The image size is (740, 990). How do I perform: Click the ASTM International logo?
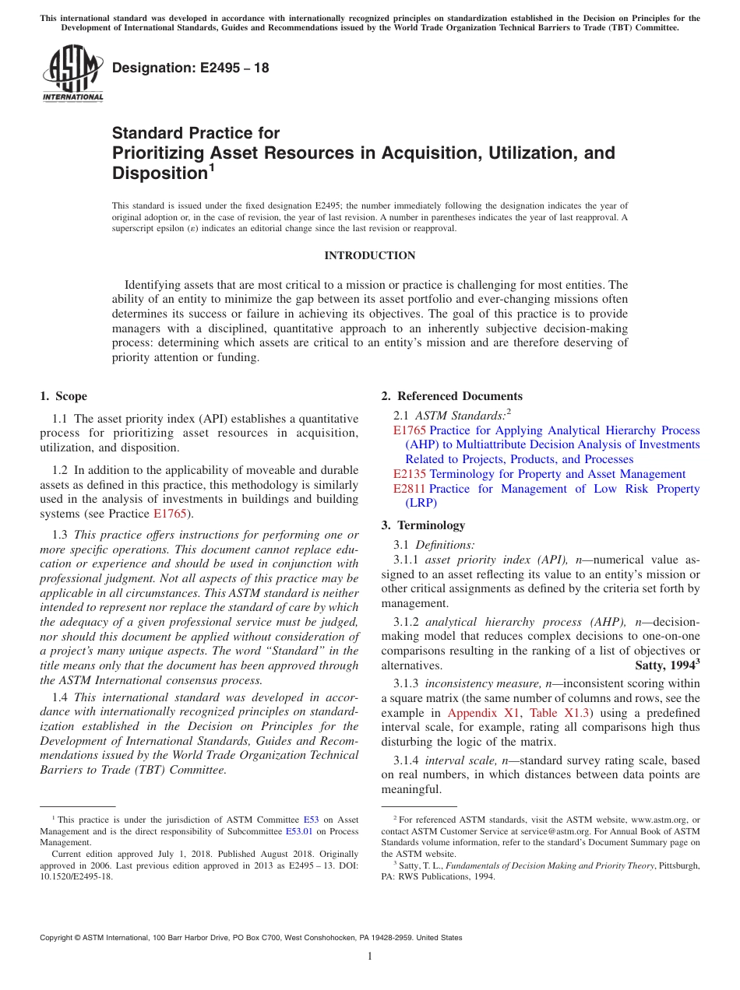72,73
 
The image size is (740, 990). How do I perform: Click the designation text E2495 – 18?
191,68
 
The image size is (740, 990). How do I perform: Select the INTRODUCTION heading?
369,255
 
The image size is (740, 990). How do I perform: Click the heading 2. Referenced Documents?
452,396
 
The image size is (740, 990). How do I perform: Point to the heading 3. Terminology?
423,525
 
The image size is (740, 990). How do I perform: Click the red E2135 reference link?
410,474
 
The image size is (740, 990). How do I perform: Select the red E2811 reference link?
410,489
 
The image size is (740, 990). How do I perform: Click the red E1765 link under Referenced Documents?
410,430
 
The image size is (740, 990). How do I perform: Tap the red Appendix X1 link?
473,713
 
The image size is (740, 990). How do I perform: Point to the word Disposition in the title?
159,173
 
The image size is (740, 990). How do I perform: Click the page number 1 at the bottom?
370,957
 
